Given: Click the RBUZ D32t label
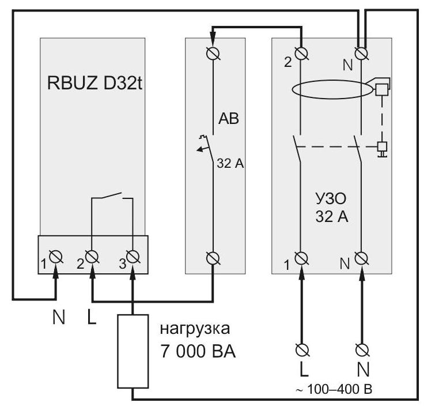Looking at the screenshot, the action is coord(94,83).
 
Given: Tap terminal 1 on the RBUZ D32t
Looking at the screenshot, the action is coord(56,257).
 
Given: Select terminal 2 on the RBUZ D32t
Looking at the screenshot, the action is coord(92,257).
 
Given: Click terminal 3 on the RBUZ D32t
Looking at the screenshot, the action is coord(133,257).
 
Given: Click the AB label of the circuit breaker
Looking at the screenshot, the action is coord(228,119).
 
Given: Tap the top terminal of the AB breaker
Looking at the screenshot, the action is coord(213,53).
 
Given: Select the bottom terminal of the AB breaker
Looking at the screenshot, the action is coord(213,258).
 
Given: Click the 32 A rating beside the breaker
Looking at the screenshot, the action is coord(230,164).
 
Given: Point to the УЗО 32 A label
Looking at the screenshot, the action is coord(331,208).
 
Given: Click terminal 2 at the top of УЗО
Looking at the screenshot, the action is coord(301,53).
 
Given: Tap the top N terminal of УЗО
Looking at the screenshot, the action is coord(362,53).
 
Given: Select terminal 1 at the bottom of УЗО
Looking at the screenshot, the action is coord(301,258).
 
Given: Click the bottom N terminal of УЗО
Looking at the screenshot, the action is coord(362,258).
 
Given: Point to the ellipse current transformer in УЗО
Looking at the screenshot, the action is coord(332,80).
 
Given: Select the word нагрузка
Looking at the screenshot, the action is coord(195,329).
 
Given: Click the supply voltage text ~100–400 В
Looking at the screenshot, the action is coord(334,390).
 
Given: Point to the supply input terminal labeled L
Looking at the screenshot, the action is coord(302,350).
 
